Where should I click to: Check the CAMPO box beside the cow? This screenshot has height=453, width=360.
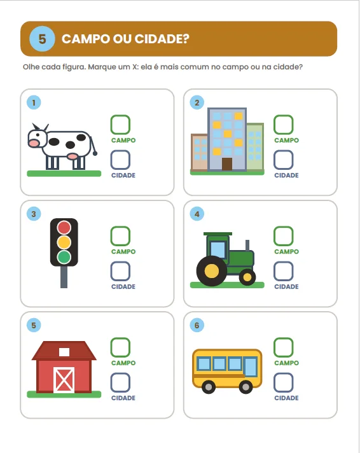120,125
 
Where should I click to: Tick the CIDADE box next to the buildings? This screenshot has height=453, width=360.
284,160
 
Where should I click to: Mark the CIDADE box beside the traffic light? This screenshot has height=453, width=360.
120,271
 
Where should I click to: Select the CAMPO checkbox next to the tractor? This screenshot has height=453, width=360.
284,236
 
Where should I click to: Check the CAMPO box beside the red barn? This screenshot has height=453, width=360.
120,347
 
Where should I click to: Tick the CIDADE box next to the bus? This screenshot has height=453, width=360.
284,382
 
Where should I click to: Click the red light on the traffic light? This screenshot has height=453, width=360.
64,227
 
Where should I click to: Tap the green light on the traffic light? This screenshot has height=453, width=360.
64,257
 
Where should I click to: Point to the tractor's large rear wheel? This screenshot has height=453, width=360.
212,271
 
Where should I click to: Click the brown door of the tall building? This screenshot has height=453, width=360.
227,164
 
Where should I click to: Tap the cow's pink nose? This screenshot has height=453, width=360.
34,143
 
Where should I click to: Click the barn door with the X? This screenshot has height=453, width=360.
64,380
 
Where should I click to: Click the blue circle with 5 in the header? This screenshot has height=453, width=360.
42,39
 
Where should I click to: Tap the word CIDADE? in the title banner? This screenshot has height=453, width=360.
162,39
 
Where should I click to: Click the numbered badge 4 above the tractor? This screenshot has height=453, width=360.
197,214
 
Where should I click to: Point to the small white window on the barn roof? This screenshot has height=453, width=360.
64,352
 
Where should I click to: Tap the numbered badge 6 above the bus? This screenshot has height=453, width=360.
197,325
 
